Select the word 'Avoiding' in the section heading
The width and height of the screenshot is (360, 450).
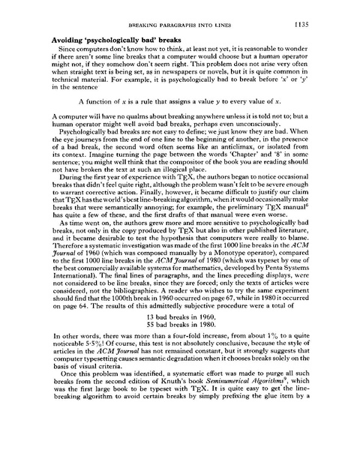[71, 38]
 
